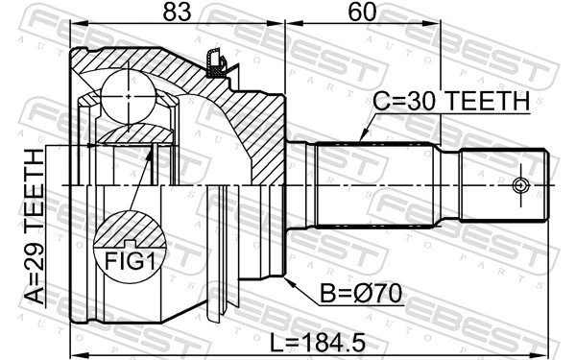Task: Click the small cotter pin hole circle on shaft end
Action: (x=521, y=185)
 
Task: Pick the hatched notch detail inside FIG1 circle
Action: (x=130, y=230)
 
